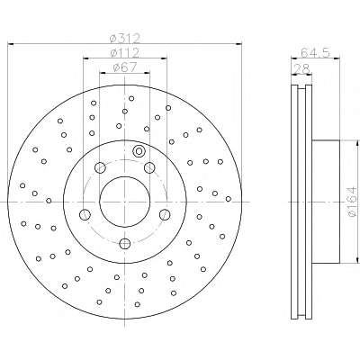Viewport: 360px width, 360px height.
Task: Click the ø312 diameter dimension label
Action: click(125, 38)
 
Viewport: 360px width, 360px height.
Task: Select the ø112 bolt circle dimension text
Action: click(125, 53)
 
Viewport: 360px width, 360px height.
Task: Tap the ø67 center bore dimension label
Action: click(125, 67)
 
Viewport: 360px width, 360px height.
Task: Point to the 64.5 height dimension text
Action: click(315, 52)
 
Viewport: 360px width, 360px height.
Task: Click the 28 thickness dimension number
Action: click(301, 68)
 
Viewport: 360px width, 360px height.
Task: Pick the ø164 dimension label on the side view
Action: click(353, 202)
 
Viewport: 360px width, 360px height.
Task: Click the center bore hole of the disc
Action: click(124, 202)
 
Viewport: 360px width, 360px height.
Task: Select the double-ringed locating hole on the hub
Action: click(139, 151)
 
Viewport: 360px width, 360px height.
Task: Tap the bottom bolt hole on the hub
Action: click(124, 243)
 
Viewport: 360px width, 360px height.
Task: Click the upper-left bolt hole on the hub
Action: click(100, 167)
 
